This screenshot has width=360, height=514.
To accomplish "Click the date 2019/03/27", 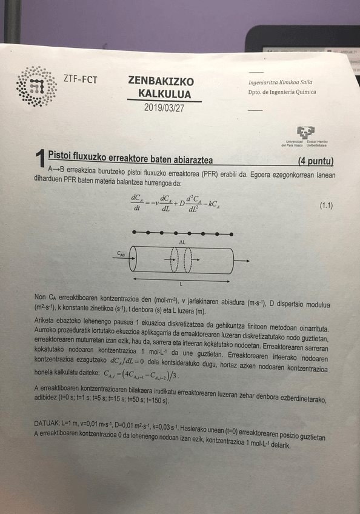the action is click(x=160, y=107).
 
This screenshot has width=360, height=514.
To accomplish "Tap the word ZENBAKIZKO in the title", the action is click(x=161, y=81).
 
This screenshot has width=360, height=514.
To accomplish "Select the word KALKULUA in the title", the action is click(x=164, y=94).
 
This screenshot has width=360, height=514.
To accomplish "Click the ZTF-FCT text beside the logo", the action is click(x=81, y=78).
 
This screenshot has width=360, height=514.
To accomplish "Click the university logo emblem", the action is click(x=305, y=133).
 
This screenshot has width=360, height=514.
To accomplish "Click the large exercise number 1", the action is click(x=39, y=159).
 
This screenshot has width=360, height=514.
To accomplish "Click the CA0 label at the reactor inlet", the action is click(x=121, y=255).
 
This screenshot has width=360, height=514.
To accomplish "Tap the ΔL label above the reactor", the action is click(x=182, y=242).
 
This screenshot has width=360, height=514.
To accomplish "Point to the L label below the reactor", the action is click(x=181, y=283).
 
